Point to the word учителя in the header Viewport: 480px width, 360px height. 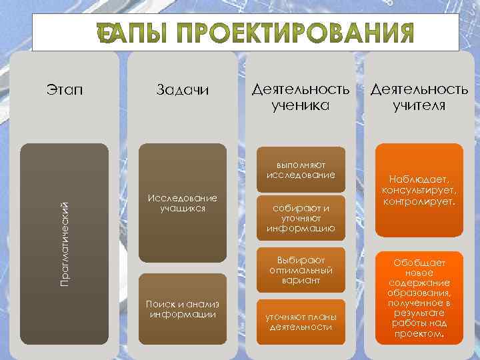[419, 105]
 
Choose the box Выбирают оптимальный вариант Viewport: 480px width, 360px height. [300, 270]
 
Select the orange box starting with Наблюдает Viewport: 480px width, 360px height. [419, 190]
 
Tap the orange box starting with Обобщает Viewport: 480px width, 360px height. [419, 297]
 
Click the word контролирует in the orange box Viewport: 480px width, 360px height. [419, 201]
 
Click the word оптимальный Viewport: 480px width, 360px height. [300, 270]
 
